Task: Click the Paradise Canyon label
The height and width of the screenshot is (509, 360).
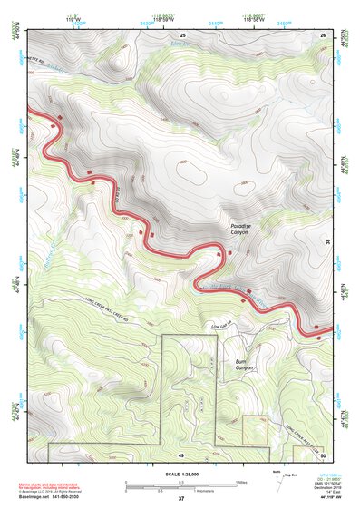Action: pyautogui.click(x=239, y=229)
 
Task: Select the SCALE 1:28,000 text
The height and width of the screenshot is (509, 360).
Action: pyautogui.click(x=180, y=475)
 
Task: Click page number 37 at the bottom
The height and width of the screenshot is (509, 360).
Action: pyautogui.click(x=181, y=500)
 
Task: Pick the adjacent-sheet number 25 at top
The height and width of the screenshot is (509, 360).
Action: pyautogui.click(x=181, y=35)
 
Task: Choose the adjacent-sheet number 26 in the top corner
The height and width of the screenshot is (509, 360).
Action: pyautogui.click(x=323, y=35)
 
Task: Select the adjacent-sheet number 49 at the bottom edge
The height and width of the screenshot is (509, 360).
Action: pyautogui.click(x=180, y=454)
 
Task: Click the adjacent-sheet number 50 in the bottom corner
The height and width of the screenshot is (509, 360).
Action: pyautogui.click(x=323, y=454)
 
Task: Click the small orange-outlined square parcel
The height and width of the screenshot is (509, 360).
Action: pyautogui.click(x=256, y=429)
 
